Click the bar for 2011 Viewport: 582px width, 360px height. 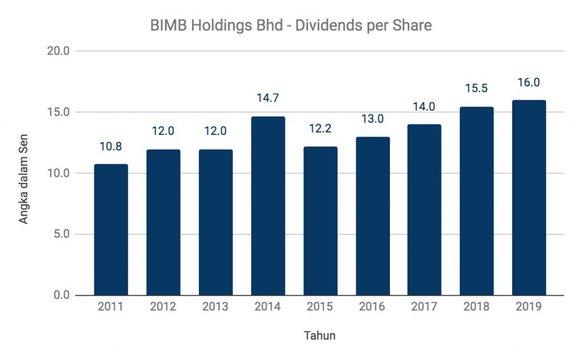click(x=111, y=230)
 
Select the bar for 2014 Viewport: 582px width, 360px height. click(x=268, y=206)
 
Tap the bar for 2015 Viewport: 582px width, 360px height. click(x=320, y=221)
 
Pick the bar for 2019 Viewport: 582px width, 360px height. click(x=529, y=198)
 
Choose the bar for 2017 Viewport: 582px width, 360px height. click(x=424, y=210)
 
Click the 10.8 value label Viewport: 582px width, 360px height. click(x=111, y=147)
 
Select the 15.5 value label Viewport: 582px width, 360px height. click(x=476, y=89)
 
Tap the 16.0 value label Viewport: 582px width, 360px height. click(x=529, y=82)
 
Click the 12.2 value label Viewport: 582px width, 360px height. click(x=320, y=130)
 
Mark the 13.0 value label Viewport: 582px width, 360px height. click(x=372, y=119)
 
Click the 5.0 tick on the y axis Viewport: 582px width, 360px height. click(x=60, y=234)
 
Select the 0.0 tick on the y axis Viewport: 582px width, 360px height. click(x=60, y=295)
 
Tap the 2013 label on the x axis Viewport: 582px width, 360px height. click(x=215, y=307)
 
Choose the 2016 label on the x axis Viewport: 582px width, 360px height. click(x=372, y=307)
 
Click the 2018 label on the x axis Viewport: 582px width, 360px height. click(x=476, y=307)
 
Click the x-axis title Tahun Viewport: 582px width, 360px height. click(x=319, y=336)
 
